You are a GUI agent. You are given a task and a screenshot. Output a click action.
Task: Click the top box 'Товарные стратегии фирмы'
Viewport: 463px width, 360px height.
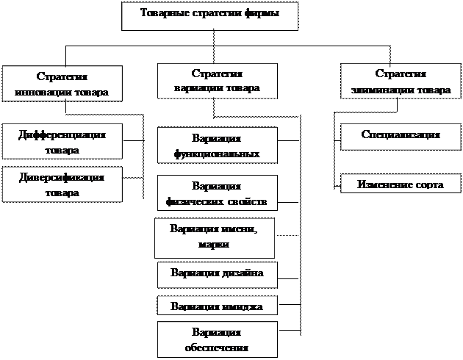click(x=209, y=15)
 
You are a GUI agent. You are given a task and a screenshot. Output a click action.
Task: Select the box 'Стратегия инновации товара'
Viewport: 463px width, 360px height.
click(x=62, y=84)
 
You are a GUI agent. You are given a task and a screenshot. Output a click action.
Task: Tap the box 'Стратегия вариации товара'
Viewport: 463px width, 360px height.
click(x=217, y=82)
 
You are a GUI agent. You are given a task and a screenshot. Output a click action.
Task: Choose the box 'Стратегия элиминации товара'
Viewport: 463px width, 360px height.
click(x=401, y=83)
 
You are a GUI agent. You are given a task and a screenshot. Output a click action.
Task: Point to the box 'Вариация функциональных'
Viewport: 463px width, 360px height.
click(x=217, y=145)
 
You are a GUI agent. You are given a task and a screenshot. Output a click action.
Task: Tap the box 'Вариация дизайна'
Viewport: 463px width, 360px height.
click(x=217, y=273)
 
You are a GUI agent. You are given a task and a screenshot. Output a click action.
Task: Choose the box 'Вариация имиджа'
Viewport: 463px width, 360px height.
click(x=217, y=306)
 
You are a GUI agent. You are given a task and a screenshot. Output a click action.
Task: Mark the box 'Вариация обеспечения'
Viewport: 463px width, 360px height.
click(x=217, y=339)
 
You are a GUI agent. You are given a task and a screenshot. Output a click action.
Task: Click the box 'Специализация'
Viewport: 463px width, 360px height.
click(x=401, y=135)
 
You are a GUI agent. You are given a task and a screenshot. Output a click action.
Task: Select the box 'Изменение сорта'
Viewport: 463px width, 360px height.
click(x=401, y=184)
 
